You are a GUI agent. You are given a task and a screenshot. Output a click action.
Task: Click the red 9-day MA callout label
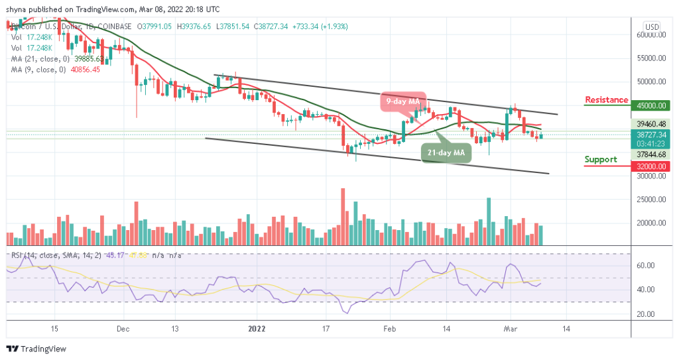point(402,101)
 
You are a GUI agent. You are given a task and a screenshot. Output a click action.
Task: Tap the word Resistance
point(606,100)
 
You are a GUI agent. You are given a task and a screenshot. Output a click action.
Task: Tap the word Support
point(601,159)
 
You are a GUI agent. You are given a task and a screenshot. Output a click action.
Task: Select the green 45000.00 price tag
point(651,105)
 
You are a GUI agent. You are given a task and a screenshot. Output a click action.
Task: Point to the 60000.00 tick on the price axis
point(651,34)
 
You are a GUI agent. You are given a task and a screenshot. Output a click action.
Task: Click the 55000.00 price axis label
point(651,58)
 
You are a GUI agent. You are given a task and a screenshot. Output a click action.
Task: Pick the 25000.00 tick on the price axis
point(651,200)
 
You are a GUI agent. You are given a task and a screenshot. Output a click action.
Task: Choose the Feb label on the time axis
point(390,328)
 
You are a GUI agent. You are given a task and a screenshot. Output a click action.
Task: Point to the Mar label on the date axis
point(510,328)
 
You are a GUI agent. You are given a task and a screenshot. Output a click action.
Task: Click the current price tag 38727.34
point(651,134)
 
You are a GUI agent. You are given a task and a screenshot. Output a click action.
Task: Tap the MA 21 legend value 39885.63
point(86,58)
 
